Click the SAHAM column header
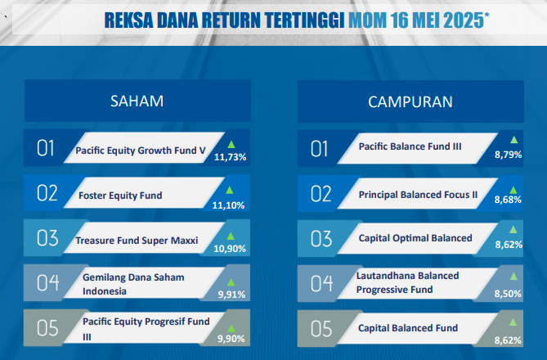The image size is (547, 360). point(137,101)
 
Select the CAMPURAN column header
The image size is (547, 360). point(410,102)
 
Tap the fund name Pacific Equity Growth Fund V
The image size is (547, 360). point(141,151)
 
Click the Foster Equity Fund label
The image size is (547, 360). point(120,196)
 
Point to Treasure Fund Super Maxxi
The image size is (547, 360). point(137,241)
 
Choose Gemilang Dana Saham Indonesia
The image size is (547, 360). point(133,284)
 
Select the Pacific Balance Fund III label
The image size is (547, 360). point(410,146)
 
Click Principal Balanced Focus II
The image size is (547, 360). point(418,195)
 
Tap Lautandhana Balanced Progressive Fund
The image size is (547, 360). point(407,282)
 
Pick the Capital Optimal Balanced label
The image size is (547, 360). point(415,238)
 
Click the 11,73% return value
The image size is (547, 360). point(231,157)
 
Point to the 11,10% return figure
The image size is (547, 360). point(228,205)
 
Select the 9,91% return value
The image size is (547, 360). point(231,295)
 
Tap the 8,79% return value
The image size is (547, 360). point(509,155)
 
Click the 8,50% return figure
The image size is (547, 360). point(508,294)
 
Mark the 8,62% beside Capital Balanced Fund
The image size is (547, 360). point(508,340)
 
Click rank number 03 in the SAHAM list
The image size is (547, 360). point(47,238)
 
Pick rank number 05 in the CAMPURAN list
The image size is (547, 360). point(321,329)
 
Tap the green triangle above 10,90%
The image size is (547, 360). point(231,236)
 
